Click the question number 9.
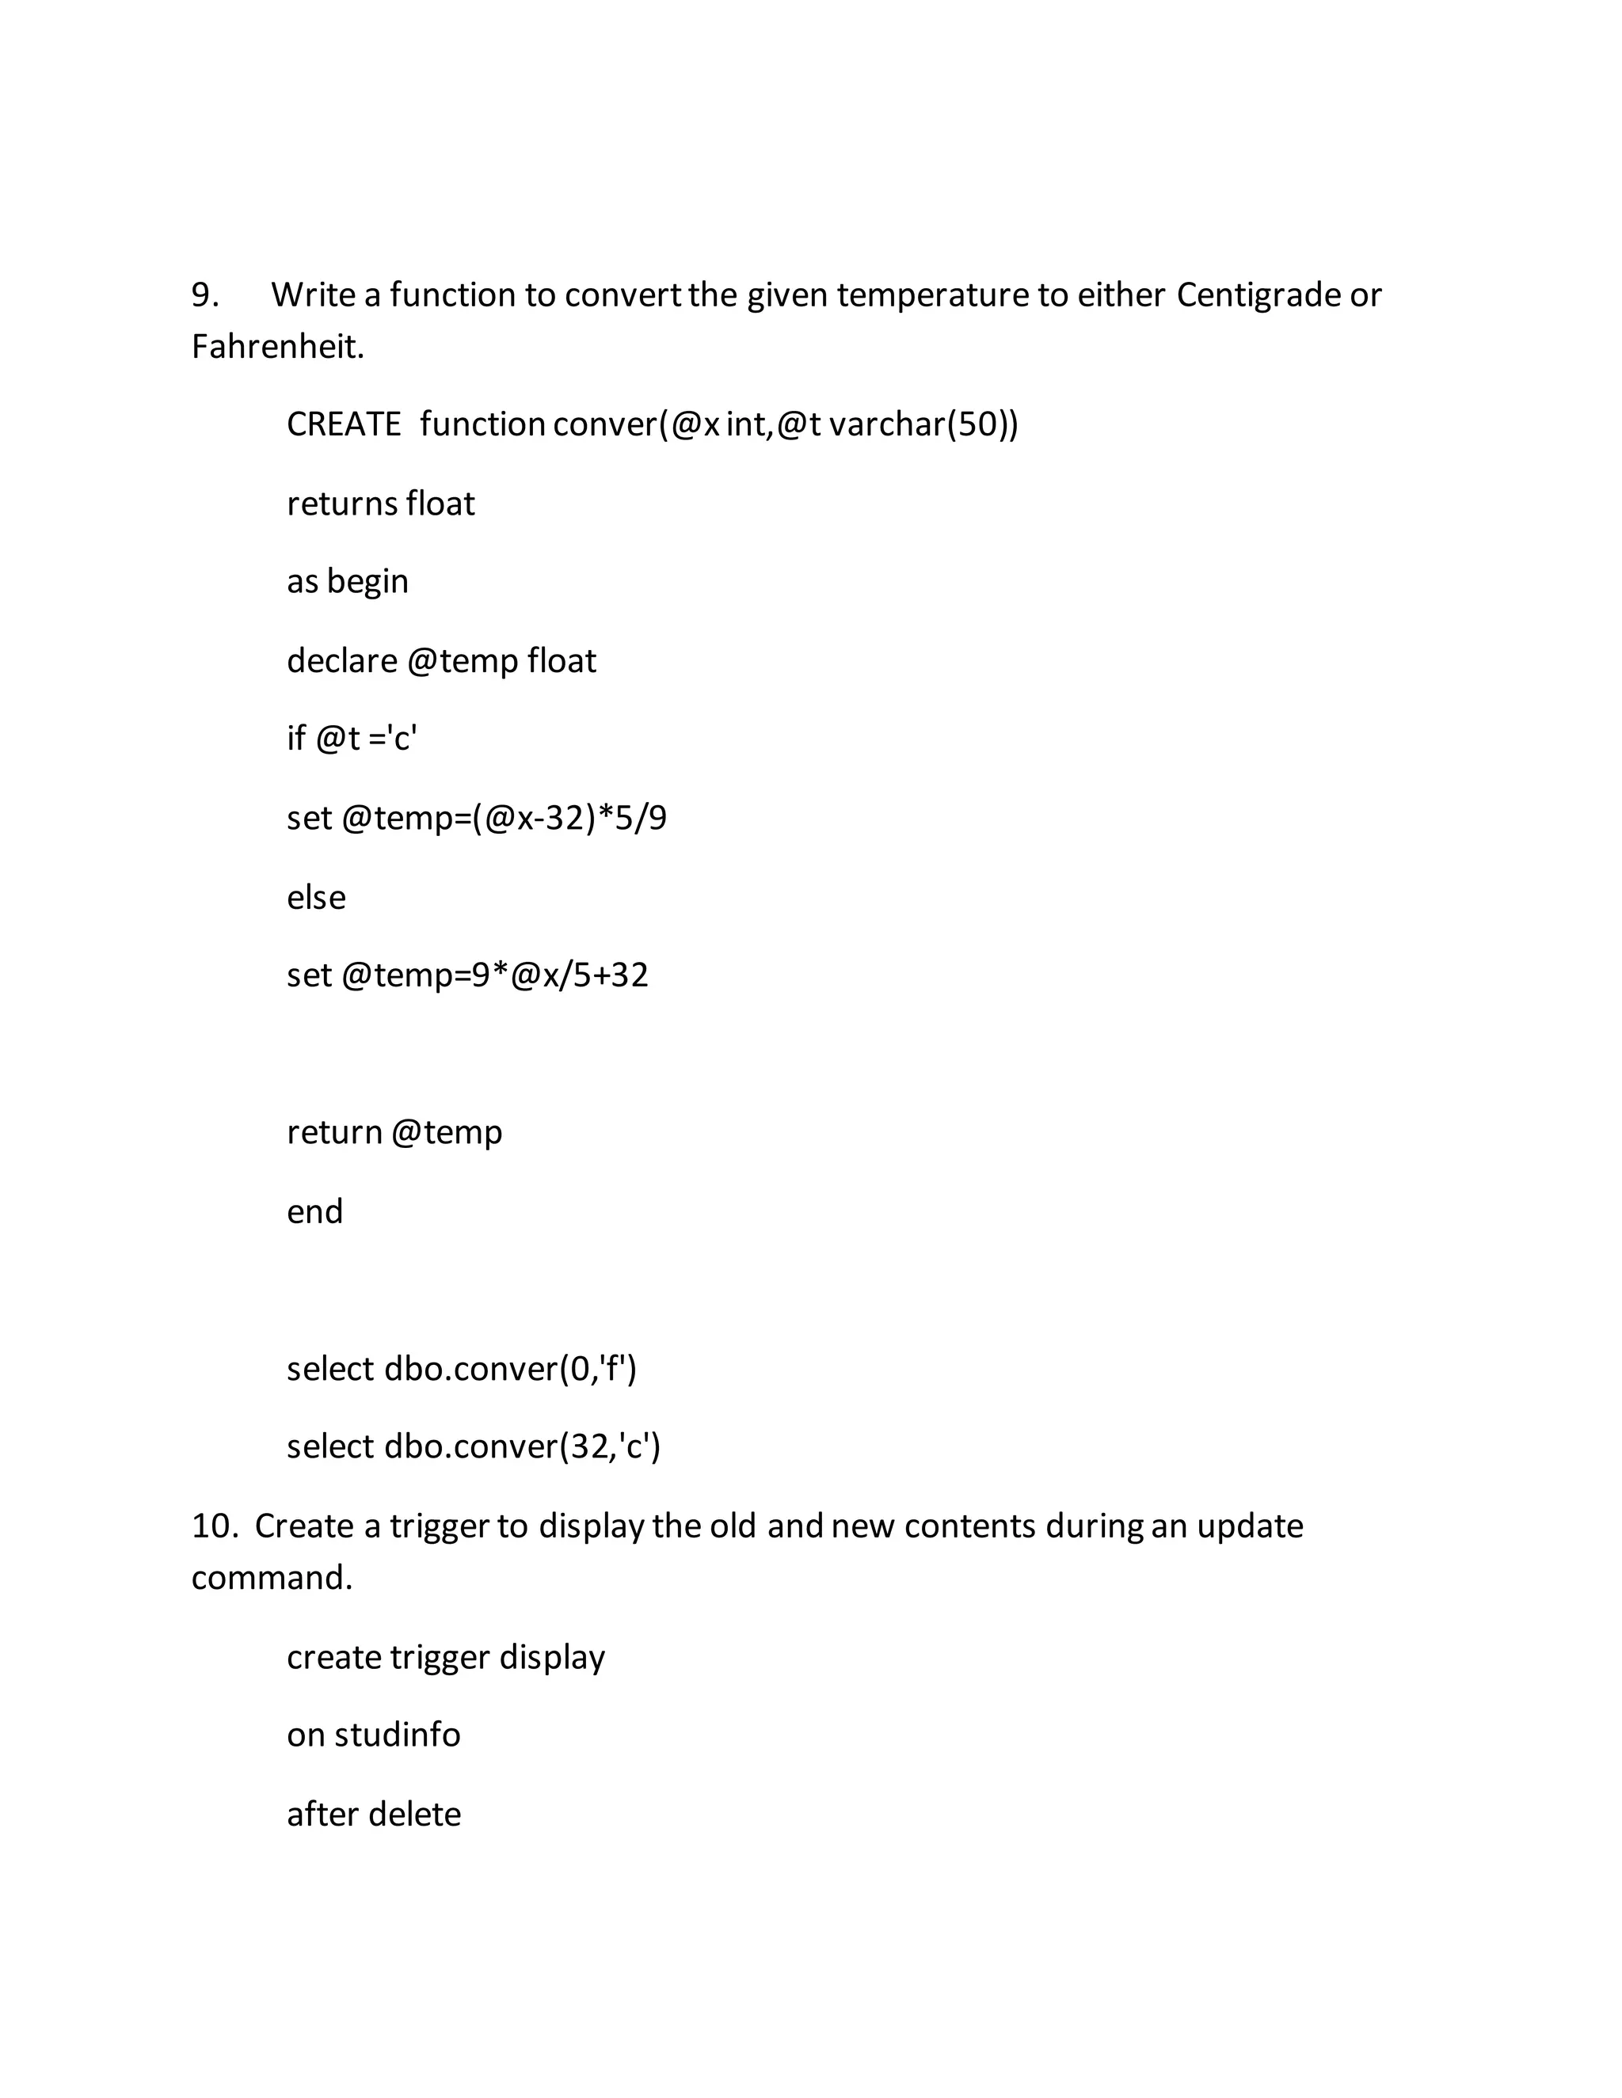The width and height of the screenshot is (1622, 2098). pos(204,295)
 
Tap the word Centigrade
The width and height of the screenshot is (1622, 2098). pos(1258,295)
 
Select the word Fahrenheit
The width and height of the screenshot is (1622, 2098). pos(276,346)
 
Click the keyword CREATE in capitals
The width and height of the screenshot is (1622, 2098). pos(344,424)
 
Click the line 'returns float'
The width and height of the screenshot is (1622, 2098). pos(380,504)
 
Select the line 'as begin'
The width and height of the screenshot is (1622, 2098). pos(347,581)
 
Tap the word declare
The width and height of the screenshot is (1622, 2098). pos(341,661)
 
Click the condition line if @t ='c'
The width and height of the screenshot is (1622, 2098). pos(352,738)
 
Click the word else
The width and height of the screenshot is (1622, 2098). pos(316,897)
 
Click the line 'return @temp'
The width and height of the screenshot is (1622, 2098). pos(394,1131)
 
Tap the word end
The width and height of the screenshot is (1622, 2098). pos(314,1211)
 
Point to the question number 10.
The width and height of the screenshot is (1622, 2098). pos(213,1526)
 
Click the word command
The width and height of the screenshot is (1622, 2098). pos(272,1577)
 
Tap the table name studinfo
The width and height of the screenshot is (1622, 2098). pos(397,1734)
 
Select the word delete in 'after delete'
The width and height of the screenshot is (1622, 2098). pos(414,1814)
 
